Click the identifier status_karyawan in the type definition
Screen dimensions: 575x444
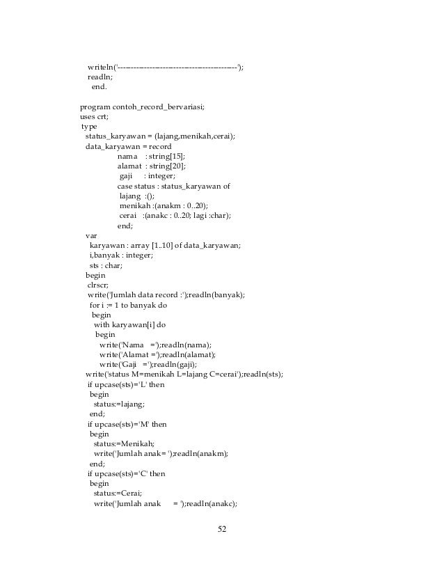115,136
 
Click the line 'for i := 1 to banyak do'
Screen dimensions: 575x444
128,305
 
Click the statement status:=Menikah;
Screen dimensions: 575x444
124,443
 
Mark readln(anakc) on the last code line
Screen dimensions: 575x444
213,503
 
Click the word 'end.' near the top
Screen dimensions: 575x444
100,86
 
